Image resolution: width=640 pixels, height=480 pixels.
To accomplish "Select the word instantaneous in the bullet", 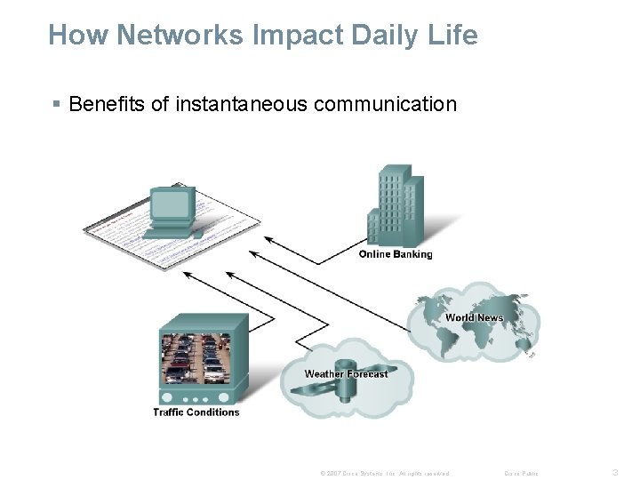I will [240, 106].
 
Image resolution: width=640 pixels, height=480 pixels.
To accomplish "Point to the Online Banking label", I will [396, 254].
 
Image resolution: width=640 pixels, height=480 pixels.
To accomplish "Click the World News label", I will [474, 317].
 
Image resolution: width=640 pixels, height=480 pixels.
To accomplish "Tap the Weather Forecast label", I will [346, 373].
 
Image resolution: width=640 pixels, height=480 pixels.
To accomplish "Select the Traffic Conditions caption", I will [196, 412].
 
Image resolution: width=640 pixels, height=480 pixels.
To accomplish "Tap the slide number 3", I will [616, 472].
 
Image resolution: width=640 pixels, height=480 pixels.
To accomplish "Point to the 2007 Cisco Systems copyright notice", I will [385, 473].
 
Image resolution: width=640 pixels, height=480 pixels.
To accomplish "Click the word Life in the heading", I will [453, 36].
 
